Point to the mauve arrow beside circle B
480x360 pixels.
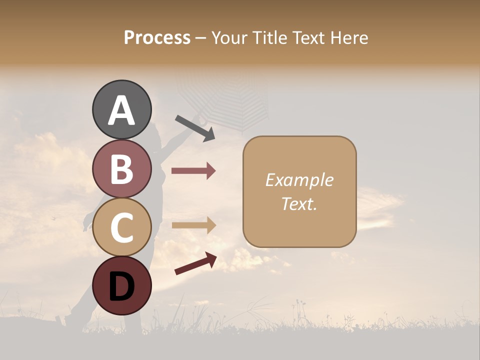tap(193, 171)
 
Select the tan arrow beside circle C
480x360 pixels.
tap(193, 225)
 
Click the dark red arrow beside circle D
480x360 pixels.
tap(195, 263)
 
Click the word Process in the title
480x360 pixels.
tap(157, 38)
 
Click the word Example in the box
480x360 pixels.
tap(299, 180)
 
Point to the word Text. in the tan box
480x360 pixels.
tap(299, 204)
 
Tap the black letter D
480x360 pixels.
tap(121, 286)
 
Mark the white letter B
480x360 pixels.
tap(121, 169)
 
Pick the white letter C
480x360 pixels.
tap(121, 228)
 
